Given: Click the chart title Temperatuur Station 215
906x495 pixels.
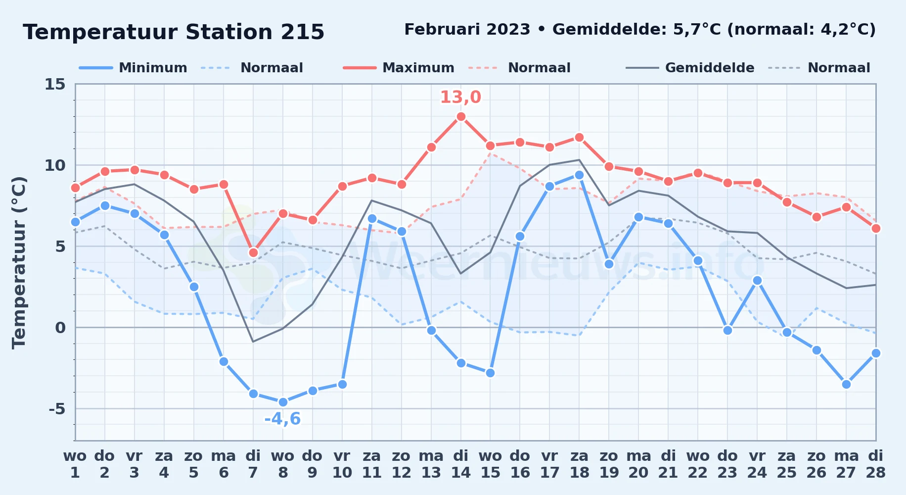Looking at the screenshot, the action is (174, 32).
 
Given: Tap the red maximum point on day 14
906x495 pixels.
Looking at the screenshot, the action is (461, 116).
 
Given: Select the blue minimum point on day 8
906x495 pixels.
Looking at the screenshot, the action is (283, 402).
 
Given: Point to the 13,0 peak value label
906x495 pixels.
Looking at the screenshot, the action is (460, 97).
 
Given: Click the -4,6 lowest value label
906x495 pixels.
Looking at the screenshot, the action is (282, 419).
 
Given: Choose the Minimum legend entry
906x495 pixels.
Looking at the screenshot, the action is (133, 68).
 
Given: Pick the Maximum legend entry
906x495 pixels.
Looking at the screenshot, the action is (399, 68).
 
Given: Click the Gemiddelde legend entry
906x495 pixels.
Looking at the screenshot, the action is (690, 68).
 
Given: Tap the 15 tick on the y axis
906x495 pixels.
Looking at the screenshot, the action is (55, 84).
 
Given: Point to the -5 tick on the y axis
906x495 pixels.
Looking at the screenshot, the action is (57, 409).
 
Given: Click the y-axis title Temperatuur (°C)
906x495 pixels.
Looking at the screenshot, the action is (19, 262).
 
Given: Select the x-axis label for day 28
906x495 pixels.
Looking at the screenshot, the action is (876, 464).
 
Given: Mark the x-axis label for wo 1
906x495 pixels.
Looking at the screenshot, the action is (75, 464).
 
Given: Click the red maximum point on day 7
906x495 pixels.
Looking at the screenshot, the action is (253, 252).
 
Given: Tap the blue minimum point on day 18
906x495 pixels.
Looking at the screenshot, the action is (579, 175).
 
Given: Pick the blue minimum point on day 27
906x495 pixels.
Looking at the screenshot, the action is (846, 384).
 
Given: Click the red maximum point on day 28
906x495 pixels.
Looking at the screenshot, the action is (876, 228).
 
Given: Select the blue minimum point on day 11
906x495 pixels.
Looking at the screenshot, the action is (372, 218).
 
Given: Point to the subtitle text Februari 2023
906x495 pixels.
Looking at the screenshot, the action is (467, 30).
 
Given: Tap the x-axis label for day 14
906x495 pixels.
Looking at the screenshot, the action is (461, 464).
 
